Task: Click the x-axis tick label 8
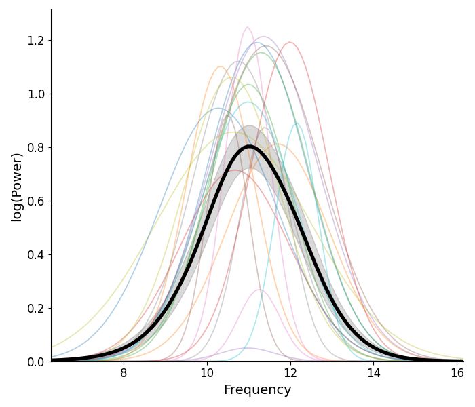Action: [123, 372]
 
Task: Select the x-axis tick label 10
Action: [207, 372]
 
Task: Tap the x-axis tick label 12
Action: [290, 372]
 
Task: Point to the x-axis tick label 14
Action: [374, 372]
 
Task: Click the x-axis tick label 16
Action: [457, 372]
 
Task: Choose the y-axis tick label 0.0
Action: [35, 362]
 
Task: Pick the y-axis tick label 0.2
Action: [35, 308]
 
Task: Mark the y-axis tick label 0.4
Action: [35, 254]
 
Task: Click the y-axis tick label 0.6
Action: [35, 201]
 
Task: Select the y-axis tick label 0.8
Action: [35, 147]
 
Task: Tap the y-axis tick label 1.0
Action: [35, 94]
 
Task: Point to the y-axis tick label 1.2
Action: [35, 40]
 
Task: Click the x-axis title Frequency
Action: [257, 390]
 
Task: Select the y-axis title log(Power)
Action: [17, 187]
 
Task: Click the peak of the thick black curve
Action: [250, 147]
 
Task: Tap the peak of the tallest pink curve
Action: [248, 27]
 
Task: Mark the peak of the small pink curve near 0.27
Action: [260, 290]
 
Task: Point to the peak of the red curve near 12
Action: [290, 43]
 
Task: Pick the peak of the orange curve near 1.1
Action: [221, 66]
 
